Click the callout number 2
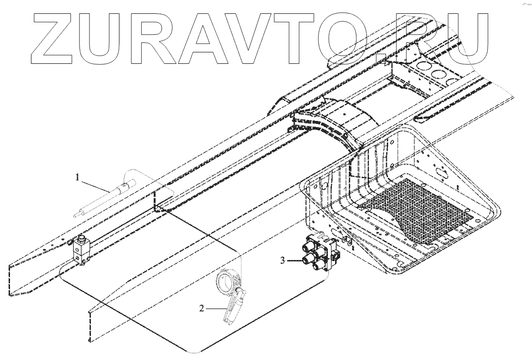202,309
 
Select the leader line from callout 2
215,309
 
